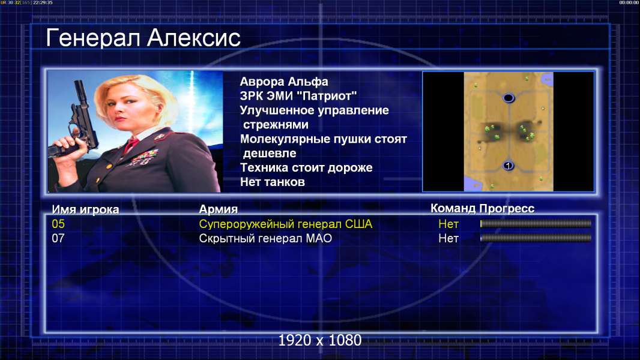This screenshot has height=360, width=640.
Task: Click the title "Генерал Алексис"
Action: (x=143, y=38)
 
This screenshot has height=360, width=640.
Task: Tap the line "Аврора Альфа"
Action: (x=283, y=82)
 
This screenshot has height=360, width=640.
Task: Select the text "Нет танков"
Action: (x=272, y=182)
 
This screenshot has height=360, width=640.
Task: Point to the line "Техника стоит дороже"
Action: (x=306, y=167)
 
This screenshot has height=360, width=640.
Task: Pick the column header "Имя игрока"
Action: (x=85, y=209)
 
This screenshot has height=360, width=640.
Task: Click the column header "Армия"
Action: (x=219, y=209)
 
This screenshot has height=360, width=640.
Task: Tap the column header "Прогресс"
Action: (x=507, y=208)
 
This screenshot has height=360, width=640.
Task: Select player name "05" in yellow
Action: (x=58, y=224)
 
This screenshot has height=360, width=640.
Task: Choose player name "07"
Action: (x=58, y=238)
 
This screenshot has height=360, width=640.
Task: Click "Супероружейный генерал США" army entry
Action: (x=286, y=224)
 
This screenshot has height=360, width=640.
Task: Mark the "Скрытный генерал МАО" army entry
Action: (x=265, y=238)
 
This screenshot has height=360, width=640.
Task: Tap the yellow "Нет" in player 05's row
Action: (x=448, y=224)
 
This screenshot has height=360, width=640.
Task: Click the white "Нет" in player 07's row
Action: (x=448, y=238)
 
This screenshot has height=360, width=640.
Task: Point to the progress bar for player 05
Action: (x=536, y=223)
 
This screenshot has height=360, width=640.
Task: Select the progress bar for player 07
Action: (x=536, y=238)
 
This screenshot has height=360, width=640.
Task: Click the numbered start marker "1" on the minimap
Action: (x=508, y=166)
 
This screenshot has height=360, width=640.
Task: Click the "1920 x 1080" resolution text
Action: (x=320, y=340)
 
